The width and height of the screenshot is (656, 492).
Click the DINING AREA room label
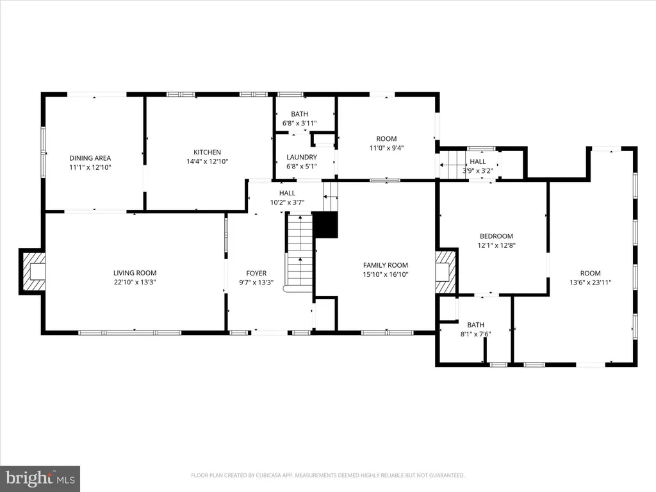click(x=90, y=158)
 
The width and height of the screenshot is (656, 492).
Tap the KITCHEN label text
click(x=207, y=152)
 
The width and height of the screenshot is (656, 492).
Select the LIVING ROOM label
click(x=135, y=273)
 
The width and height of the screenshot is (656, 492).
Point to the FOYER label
click(x=256, y=273)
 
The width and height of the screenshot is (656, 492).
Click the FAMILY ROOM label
click(x=385, y=265)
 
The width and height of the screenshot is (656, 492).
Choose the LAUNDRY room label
click(x=302, y=158)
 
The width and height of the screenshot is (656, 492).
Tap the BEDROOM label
click(x=496, y=236)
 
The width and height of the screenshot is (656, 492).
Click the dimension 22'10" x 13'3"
click(x=135, y=283)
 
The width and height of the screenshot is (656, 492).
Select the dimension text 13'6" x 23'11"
click(x=590, y=283)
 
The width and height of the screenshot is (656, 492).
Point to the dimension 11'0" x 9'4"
click(x=386, y=148)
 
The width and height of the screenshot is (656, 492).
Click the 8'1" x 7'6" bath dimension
click(x=475, y=334)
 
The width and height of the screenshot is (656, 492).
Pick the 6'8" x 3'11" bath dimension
click(x=300, y=124)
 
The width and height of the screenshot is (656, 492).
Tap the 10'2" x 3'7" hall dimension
click(x=287, y=202)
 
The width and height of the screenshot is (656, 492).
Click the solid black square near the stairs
click(x=325, y=225)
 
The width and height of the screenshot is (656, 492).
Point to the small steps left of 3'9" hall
click(x=452, y=165)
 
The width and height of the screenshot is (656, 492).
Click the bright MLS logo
click(x=40, y=478)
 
